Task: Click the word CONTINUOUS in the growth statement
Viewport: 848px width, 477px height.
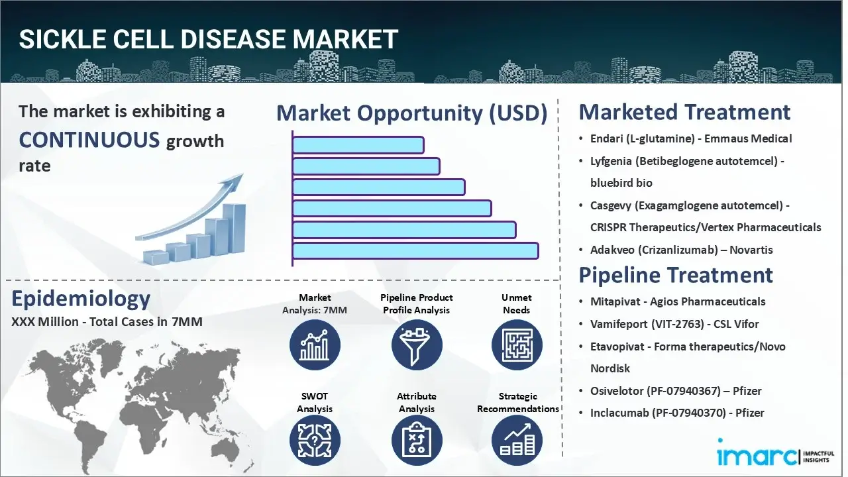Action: (89, 140)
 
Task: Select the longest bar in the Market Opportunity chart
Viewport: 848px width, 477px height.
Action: (415, 250)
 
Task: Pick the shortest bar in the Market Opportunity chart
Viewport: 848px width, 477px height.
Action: (358, 145)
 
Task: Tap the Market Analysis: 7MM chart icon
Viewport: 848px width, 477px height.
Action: (315, 344)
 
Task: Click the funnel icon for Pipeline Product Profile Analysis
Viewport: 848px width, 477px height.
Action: (416, 344)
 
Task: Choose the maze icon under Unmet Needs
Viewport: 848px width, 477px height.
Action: (517, 344)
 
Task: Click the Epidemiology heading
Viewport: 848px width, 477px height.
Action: (81, 299)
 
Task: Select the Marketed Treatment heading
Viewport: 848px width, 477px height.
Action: (684, 112)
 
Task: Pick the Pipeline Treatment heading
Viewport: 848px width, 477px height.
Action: (676, 275)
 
